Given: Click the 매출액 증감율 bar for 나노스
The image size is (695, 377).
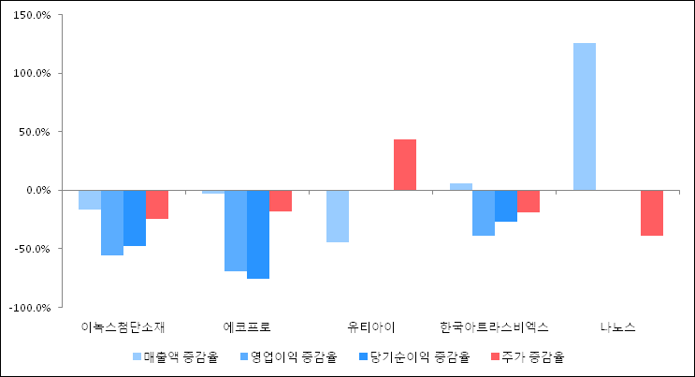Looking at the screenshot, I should pyautogui.click(x=584, y=116).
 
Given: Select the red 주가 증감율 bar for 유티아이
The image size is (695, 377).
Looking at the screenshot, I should pyautogui.click(x=405, y=165).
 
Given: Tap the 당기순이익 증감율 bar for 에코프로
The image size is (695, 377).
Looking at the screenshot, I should pyautogui.click(x=258, y=234).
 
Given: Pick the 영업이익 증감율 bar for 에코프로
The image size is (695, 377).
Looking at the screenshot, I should pyautogui.click(x=236, y=230).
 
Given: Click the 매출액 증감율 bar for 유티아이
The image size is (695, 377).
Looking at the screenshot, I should pyautogui.click(x=338, y=216).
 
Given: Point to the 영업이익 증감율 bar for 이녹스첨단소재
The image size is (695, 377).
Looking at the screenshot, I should pyautogui.click(x=112, y=222).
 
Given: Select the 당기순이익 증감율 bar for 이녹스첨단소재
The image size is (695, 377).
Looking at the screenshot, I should pyautogui.click(x=135, y=218).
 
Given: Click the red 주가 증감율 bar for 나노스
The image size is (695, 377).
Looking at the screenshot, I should pyautogui.click(x=652, y=212).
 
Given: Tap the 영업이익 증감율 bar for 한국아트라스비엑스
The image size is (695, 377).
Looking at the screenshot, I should pyautogui.click(x=484, y=212).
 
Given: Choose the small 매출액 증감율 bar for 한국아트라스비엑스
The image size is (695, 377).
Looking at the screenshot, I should pyautogui.click(x=461, y=186).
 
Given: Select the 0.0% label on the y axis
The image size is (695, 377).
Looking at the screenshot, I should pyautogui.click(x=38, y=190).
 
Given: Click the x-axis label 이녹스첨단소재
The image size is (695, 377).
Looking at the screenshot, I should pyautogui.click(x=123, y=327).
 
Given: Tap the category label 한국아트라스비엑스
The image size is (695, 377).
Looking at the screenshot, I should pyautogui.click(x=494, y=327).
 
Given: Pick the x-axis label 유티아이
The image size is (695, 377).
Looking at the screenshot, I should pyautogui.click(x=370, y=327).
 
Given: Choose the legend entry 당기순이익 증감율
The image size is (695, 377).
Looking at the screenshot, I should pyautogui.click(x=419, y=356).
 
